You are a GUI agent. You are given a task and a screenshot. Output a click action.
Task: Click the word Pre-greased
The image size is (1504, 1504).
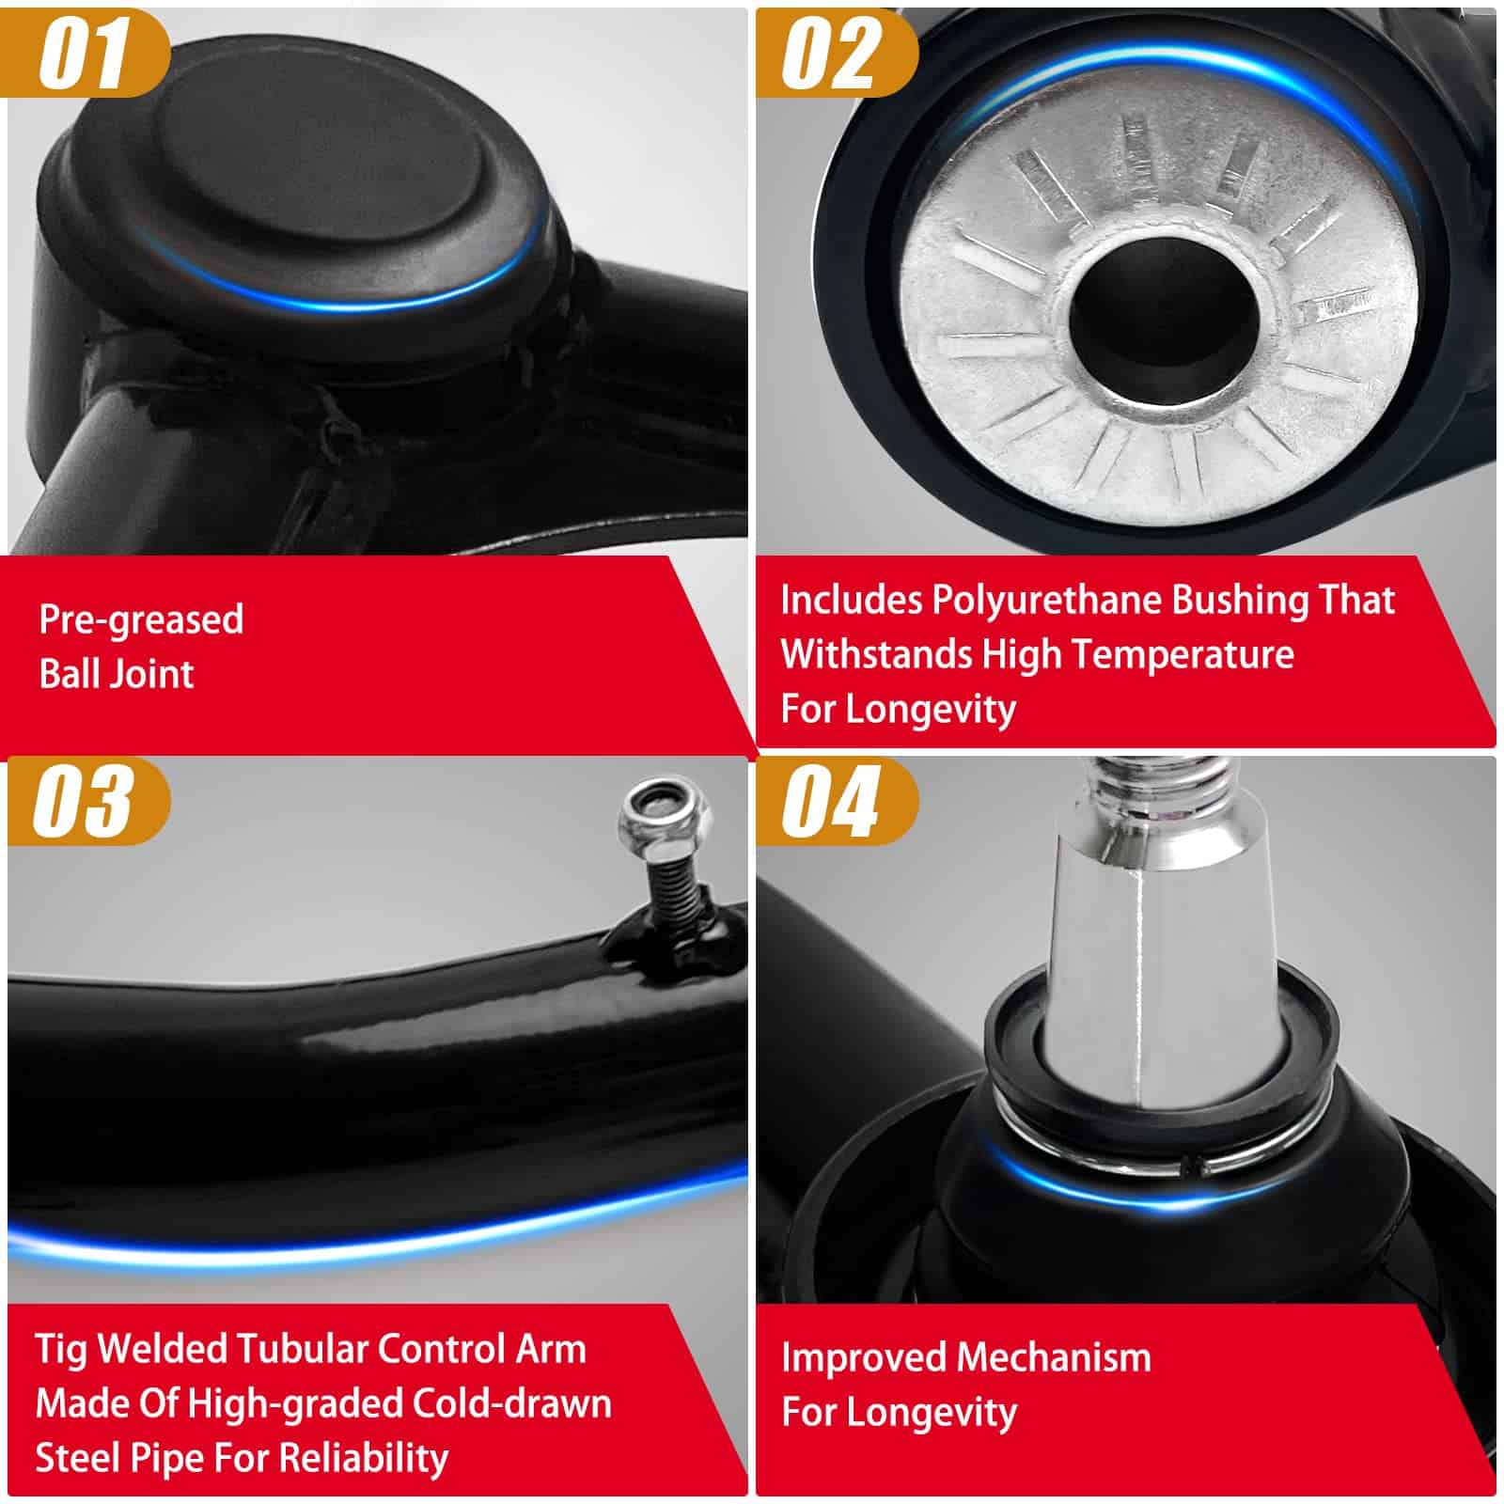(x=142, y=620)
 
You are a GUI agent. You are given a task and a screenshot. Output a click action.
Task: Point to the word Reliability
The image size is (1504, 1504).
(x=364, y=1459)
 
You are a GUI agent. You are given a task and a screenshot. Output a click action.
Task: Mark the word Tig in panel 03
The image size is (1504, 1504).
(x=62, y=1350)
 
